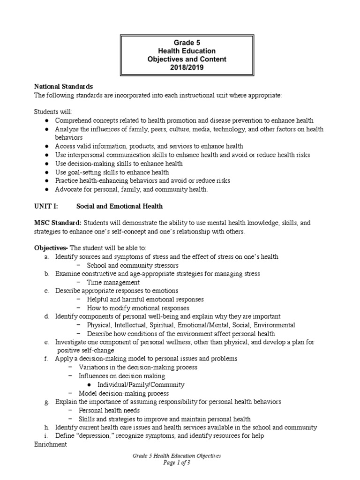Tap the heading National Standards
tap(63, 87)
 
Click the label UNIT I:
tap(45, 206)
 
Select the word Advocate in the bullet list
tap(69, 189)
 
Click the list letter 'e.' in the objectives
tap(47, 342)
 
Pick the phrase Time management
tap(113, 282)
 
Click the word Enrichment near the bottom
tap(51, 444)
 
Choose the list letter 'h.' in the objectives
tap(47, 427)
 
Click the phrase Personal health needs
tap(111, 411)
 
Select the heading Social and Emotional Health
tap(120, 206)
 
